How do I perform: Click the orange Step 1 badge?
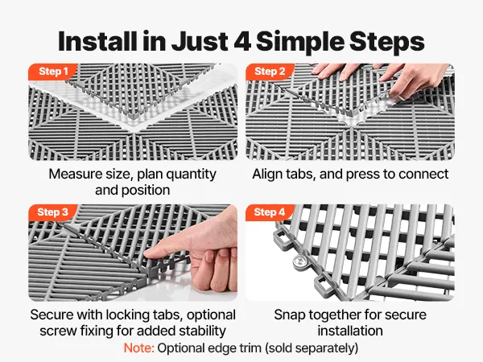tap(52, 72)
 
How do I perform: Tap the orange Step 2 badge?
tap(270, 72)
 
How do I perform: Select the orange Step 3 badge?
tap(52, 212)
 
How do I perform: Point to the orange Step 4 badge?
tap(270, 212)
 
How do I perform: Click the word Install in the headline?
tap(97, 41)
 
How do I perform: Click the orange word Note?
tap(138, 348)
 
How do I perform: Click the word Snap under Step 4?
tap(289, 315)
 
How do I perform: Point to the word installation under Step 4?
tap(350, 331)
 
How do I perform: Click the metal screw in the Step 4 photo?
tap(299, 262)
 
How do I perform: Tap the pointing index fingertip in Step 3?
tap(150, 253)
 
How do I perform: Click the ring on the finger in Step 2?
tap(402, 97)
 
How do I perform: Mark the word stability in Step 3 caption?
tap(202, 331)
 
